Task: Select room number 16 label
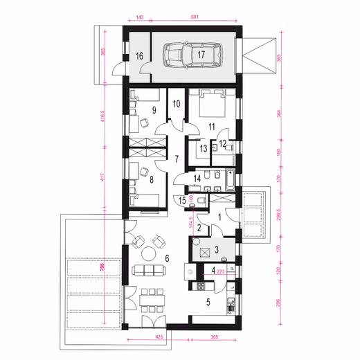tap(139, 55)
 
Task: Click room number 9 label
tap(154, 109)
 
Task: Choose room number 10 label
tap(177, 105)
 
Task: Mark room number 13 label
tap(203, 147)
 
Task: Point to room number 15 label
tap(182, 201)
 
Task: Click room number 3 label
tap(216, 250)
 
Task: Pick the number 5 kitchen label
tap(208, 302)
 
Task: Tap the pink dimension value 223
tap(220, 272)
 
